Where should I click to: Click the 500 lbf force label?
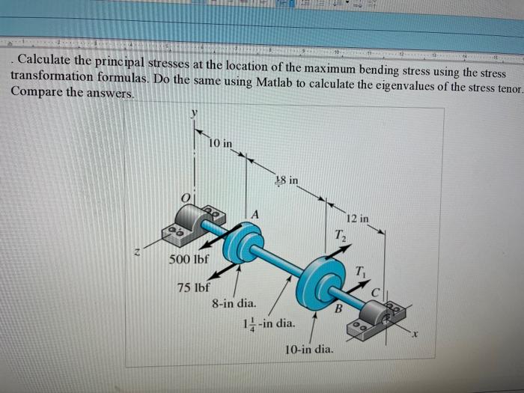(188, 261)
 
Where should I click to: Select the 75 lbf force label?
(193, 287)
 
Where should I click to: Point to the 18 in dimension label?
(286, 180)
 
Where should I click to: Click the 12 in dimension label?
(358, 219)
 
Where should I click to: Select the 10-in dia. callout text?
(309, 350)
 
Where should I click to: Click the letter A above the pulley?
(255, 215)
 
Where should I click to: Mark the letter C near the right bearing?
(387, 291)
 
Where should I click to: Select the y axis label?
(193, 112)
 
